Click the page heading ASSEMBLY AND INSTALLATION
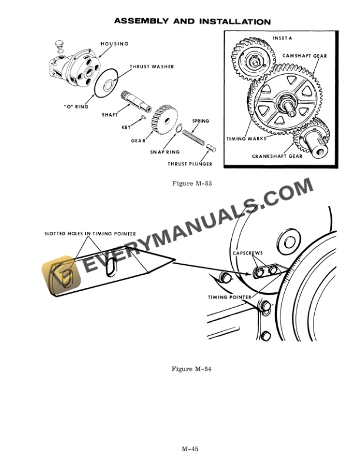click(x=192, y=22)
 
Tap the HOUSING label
click(x=114, y=44)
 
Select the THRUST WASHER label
click(x=152, y=67)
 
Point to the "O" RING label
click(x=76, y=106)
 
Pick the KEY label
click(x=125, y=127)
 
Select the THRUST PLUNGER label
click(x=189, y=164)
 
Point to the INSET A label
click(x=282, y=38)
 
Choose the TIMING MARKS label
click(x=246, y=139)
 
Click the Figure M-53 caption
click(x=191, y=184)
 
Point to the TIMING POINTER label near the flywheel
click(x=229, y=297)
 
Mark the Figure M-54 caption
click(x=191, y=369)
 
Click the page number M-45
click(x=189, y=449)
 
